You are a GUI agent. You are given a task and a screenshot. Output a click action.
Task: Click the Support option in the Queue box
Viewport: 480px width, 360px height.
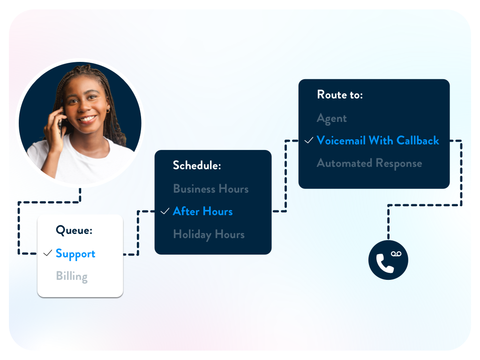point(75,254)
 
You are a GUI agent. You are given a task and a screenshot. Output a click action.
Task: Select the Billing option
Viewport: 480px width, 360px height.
point(72,277)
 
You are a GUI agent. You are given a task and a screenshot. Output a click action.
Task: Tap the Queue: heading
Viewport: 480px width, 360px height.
point(74,230)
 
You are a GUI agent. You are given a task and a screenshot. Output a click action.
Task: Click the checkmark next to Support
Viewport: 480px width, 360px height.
point(48,253)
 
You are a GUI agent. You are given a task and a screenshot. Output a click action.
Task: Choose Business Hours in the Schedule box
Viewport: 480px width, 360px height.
point(210,189)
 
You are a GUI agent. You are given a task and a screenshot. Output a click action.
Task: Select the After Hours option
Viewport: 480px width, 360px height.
point(202,211)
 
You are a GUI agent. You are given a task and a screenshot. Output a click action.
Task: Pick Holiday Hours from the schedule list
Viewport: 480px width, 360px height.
point(209,235)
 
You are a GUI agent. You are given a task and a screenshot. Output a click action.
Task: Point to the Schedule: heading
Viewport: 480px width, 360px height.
point(197,165)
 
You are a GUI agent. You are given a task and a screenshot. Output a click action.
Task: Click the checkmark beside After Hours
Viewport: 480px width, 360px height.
point(165,211)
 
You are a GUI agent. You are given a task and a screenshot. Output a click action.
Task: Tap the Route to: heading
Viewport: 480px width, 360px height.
point(340,95)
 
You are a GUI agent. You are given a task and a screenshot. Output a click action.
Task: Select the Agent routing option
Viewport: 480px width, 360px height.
point(332,119)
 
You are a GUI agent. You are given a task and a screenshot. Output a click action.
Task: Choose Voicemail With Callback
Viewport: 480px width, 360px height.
point(378,141)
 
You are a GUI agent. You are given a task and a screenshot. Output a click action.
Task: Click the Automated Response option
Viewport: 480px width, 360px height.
point(369,164)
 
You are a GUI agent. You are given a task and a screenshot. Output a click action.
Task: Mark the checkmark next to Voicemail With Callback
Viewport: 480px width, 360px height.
point(309,140)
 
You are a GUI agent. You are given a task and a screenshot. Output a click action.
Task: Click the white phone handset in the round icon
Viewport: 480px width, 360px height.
point(384,263)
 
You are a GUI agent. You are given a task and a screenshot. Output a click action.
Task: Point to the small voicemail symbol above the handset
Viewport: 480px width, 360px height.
point(396,254)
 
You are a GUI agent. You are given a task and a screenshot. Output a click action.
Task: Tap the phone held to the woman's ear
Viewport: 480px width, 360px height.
point(61,124)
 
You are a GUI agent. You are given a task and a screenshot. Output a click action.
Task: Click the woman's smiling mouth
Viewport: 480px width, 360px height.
point(87,119)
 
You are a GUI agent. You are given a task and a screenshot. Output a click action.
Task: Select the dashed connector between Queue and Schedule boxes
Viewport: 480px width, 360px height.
point(138,232)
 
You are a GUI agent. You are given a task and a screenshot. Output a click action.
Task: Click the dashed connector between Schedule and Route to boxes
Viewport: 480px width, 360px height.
point(285,176)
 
